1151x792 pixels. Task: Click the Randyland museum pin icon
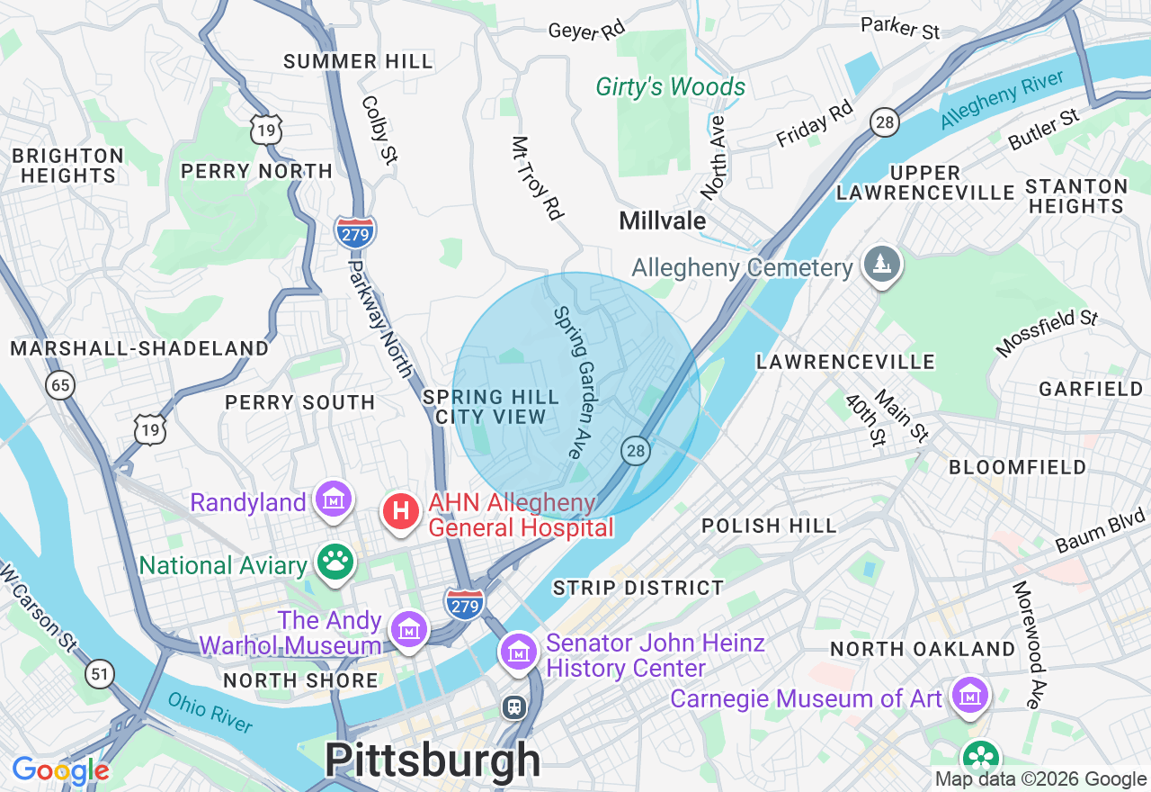click(334, 499)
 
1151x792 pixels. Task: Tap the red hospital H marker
click(401, 512)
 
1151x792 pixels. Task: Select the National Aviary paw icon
click(335, 563)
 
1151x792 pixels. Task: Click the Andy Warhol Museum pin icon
click(410, 630)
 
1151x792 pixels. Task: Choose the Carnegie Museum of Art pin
click(970, 697)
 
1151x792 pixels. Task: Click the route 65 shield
click(59, 386)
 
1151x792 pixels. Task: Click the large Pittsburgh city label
click(433, 761)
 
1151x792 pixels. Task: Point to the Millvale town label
click(662, 220)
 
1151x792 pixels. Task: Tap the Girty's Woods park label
click(671, 87)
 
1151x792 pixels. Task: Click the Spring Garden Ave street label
click(575, 382)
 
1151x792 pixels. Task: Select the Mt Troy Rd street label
click(538, 178)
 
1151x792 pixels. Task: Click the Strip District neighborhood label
click(638, 588)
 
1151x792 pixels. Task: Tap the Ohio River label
click(210, 713)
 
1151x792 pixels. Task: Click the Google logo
click(60, 771)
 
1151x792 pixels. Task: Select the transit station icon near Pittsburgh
click(513, 707)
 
